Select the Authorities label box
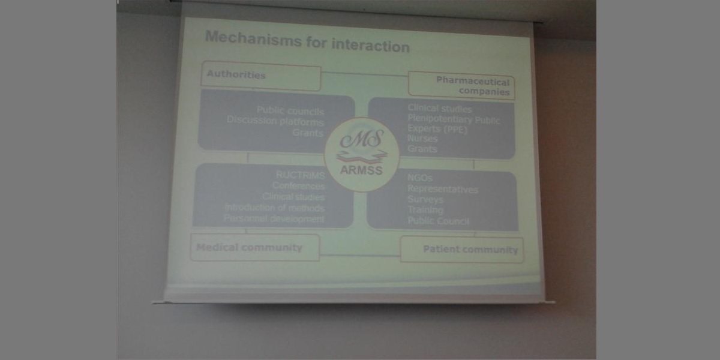point(261,76)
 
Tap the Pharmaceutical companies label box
point(460,85)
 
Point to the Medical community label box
point(254,247)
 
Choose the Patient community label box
point(462,250)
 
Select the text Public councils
point(290,111)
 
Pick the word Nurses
point(423,139)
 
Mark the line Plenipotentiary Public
point(454,119)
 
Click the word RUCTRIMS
point(301,176)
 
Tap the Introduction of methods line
point(275,208)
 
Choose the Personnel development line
point(274,219)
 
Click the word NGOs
point(420,178)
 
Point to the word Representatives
point(443,189)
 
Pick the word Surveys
point(425,199)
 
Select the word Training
point(425,210)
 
